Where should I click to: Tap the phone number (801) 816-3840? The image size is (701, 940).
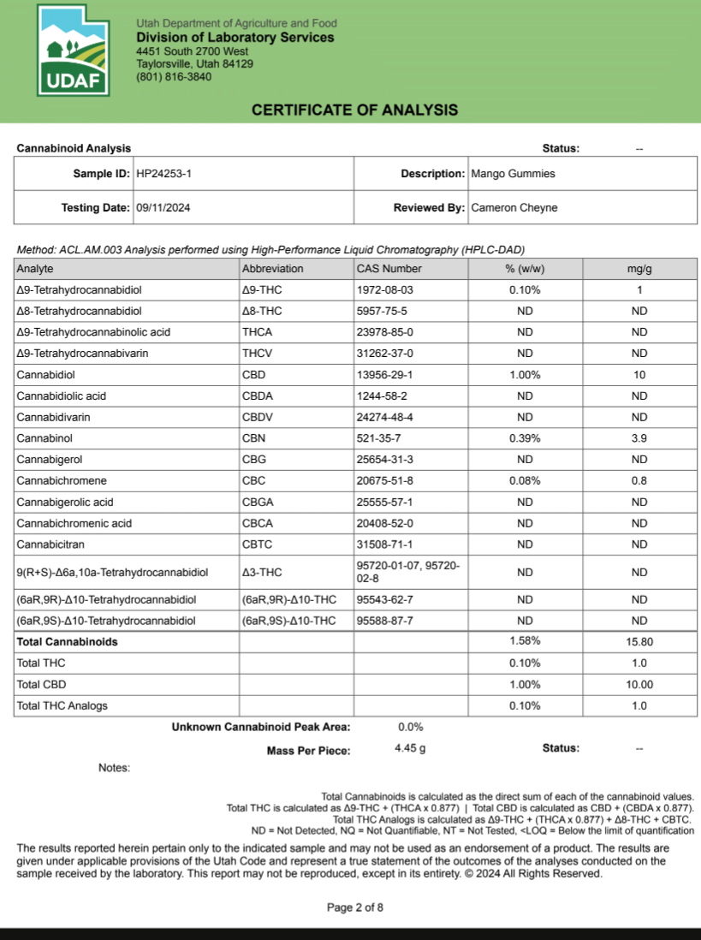(x=174, y=77)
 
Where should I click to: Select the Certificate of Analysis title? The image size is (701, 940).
(x=354, y=110)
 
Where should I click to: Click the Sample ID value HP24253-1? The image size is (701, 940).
(x=164, y=174)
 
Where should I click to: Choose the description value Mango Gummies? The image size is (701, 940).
(x=513, y=174)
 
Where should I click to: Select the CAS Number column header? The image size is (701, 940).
(x=389, y=269)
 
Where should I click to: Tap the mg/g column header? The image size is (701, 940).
(x=639, y=269)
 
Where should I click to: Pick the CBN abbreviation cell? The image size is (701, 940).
(x=254, y=438)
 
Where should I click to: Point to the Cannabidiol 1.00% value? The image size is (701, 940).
(x=525, y=375)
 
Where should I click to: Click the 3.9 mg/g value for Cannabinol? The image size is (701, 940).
(x=639, y=438)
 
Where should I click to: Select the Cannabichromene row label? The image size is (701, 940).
(x=62, y=481)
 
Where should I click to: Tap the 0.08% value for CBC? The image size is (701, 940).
(x=525, y=481)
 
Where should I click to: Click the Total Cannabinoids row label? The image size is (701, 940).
(x=67, y=641)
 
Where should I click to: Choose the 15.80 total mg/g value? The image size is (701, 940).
(x=639, y=641)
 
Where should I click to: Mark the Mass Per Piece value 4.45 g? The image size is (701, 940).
(x=410, y=748)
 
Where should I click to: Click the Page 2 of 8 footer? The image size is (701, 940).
(x=355, y=907)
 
